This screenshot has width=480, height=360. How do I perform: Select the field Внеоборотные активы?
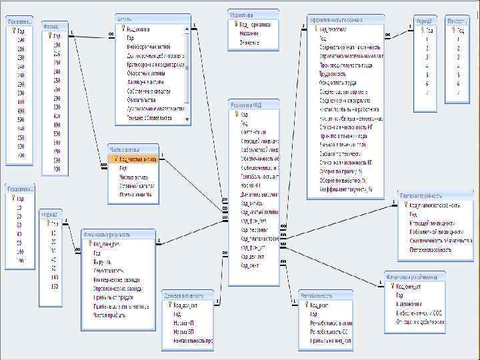pyautogui.click(x=150, y=47)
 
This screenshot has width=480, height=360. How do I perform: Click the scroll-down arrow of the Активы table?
pyautogui.click(x=188, y=118)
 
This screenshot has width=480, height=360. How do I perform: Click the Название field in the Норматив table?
pyautogui.click(x=249, y=33)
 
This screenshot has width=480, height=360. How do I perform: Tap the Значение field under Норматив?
pyautogui.click(x=250, y=41)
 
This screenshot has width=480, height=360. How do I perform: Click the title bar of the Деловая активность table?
pyautogui.click(x=187, y=293)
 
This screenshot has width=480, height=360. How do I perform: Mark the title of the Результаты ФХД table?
pyautogui.click(x=253, y=105)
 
